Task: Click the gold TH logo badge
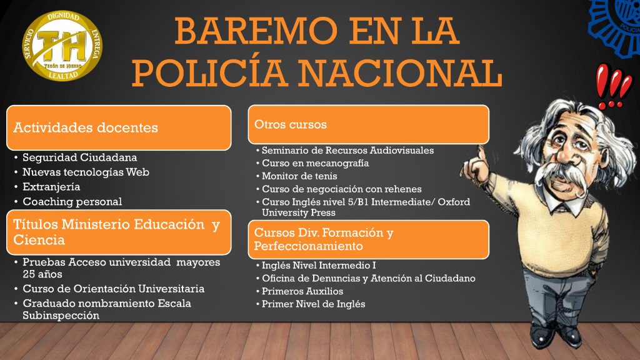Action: point(62,45)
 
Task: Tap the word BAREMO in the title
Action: point(256,31)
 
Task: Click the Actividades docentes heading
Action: point(86,127)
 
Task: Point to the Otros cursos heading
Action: point(291,124)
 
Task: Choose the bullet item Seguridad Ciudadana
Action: point(79,157)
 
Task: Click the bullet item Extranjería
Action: point(51,187)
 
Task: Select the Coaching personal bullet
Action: point(72,202)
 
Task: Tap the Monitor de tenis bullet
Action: point(299,176)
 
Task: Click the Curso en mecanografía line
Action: point(316,163)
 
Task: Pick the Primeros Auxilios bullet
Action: point(302,291)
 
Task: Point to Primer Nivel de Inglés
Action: point(314,304)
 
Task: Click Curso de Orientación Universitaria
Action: point(114,289)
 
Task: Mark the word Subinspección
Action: point(61,316)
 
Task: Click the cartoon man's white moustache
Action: point(561,176)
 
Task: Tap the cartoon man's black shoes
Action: point(556,335)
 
